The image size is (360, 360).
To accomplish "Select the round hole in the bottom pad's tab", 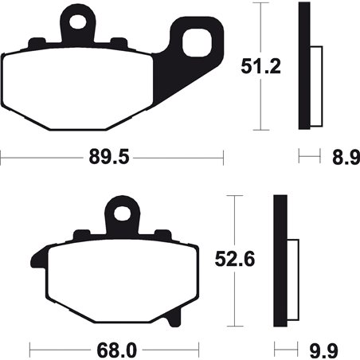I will click(121, 213).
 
